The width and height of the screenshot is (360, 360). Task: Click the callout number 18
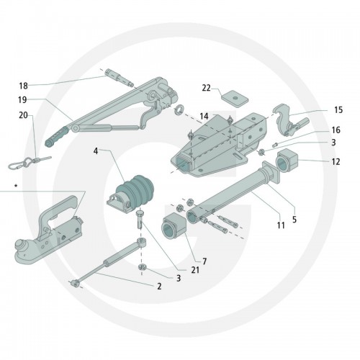[x=23, y=86]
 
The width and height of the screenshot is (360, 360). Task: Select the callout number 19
[x=22, y=100]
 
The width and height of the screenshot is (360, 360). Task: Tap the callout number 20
[x=23, y=115]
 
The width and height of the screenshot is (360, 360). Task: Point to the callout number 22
[x=206, y=88]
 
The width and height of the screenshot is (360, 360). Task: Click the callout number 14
[x=204, y=117]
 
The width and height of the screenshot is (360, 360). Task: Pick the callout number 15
[x=338, y=110]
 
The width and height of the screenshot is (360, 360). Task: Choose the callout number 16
[x=336, y=130]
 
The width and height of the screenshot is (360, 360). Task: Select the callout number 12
[x=336, y=162]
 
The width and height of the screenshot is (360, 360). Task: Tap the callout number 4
[x=96, y=151]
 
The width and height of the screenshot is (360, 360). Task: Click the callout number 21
[x=195, y=270]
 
